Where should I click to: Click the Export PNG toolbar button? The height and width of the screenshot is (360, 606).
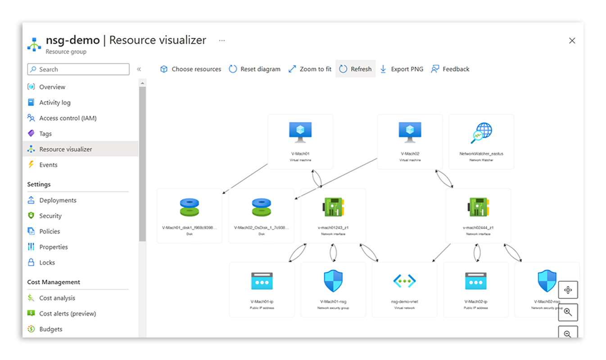click(402, 69)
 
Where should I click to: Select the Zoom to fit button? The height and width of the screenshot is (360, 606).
click(310, 69)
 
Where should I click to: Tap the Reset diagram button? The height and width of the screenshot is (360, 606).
click(254, 69)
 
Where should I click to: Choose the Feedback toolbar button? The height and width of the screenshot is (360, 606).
click(450, 69)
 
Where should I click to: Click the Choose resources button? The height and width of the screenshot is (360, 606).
click(191, 69)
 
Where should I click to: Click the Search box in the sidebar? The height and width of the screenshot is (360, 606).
click(78, 69)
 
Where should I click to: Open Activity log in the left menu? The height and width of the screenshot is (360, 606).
click(54, 103)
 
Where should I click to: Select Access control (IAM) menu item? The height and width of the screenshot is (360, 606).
click(68, 118)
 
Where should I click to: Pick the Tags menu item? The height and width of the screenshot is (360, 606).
click(45, 134)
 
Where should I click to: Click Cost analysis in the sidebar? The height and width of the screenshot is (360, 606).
click(57, 298)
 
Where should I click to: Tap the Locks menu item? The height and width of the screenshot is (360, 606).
click(47, 263)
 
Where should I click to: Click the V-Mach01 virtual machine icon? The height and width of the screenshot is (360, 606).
click(300, 132)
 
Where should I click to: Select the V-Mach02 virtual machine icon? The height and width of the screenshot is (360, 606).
click(410, 132)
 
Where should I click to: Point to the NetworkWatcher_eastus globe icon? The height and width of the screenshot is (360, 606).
click(481, 132)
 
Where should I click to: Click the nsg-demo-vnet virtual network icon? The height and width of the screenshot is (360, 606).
click(404, 281)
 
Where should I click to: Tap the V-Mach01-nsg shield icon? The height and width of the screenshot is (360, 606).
click(333, 281)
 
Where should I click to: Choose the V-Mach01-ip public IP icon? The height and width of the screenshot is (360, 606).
click(262, 281)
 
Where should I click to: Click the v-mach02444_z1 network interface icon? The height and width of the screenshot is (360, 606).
click(478, 207)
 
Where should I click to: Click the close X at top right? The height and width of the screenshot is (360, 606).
click(572, 40)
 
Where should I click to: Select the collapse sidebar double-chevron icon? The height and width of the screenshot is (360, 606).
click(139, 69)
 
